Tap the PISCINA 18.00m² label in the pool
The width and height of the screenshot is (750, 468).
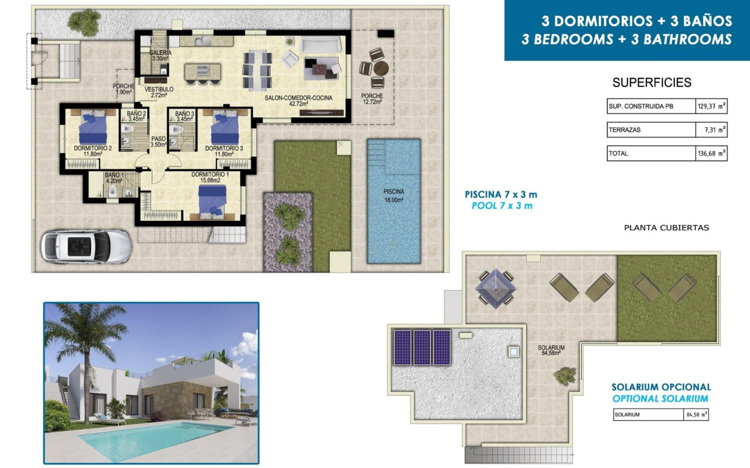coord(394,195)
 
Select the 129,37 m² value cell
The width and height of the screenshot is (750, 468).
coord(711,106)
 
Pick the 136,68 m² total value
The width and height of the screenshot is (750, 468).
coord(711,154)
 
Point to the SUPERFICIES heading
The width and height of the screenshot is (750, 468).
coord(651,83)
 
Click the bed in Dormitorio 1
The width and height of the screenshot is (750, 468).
coord(212,199)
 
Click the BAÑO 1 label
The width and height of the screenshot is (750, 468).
coord(115,177)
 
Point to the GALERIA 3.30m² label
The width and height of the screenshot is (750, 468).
coord(160,55)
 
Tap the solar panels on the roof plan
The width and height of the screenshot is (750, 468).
coord(422,347)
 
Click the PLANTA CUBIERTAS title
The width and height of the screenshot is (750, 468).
coord(666,227)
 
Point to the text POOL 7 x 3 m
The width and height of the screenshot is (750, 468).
coord(501,206)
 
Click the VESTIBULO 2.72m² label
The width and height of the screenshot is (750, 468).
coord(159,92)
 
